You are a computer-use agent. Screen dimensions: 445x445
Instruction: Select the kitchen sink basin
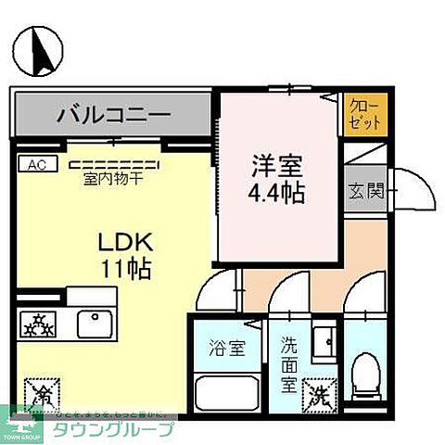pos(95,324)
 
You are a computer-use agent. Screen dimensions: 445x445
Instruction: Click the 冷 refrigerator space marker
pos(41,393)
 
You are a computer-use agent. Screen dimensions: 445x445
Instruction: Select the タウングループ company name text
pos(121,430)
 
